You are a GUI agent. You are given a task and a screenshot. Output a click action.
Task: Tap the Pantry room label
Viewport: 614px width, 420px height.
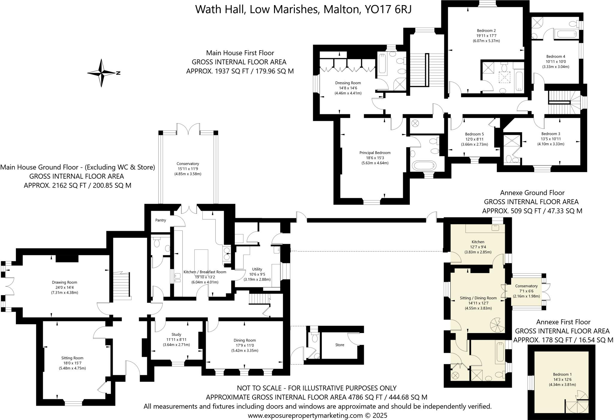click(161, 220)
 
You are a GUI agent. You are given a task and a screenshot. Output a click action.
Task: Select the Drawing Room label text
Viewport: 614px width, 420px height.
click(64, 282)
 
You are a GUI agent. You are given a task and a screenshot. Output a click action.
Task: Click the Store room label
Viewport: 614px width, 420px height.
click(340, 345)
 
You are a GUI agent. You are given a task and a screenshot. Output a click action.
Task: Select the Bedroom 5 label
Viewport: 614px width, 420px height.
click(474, 134)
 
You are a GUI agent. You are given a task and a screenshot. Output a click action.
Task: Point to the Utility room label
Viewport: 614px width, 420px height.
click(257, 269)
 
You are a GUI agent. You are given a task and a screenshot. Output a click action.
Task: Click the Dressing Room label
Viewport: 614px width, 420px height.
click(348, 83)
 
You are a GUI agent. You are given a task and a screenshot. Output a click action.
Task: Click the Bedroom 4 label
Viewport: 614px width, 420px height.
click(556, 56)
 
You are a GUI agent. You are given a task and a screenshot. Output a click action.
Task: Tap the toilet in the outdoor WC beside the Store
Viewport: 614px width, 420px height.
click(314, 338)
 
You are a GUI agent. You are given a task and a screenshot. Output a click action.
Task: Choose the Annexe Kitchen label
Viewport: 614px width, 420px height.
click(478, 242)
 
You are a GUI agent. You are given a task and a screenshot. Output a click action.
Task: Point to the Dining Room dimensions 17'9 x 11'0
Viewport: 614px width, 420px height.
click(245, 345)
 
